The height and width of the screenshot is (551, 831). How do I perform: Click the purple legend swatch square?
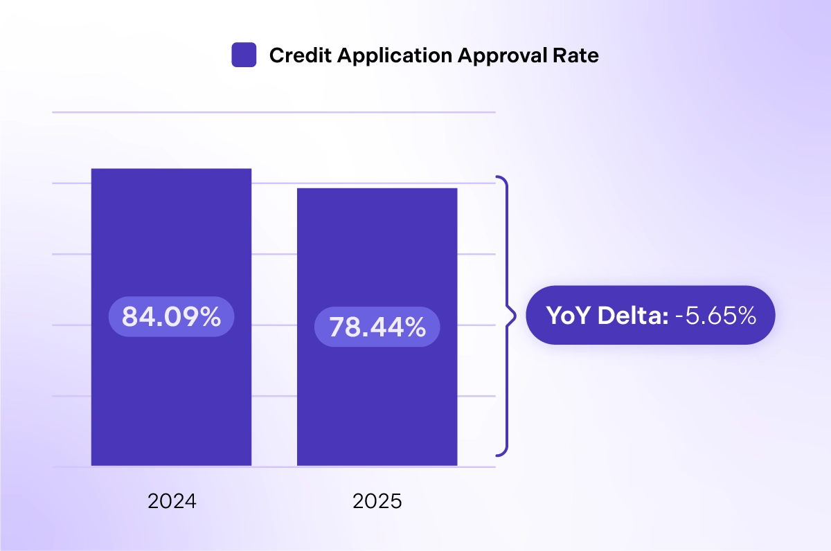(x=244, y=55)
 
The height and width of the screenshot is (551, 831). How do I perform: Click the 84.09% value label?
(x=171, y=317)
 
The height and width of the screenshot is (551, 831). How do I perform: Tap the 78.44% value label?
(x=377, y=327)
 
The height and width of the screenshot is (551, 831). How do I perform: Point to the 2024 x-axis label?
(x=172, y=501)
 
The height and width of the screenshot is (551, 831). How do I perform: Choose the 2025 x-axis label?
(x=377, y=501)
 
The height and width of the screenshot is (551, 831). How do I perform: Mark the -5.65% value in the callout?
(x=715, y=316)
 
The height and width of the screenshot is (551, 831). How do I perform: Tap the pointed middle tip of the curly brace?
(x=515, y=316)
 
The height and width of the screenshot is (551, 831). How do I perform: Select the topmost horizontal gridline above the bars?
(x=274, y=112)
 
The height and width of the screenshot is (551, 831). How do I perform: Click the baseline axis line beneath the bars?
(x=274, y=467)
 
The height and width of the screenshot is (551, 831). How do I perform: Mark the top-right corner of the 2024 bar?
(x=251, y=169)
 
